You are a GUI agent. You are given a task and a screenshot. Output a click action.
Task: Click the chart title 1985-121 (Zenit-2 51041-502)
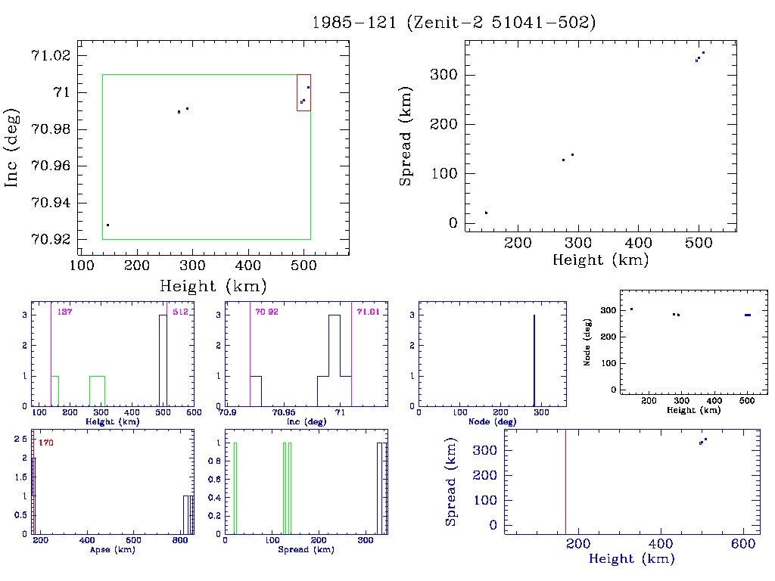tap(454, 23)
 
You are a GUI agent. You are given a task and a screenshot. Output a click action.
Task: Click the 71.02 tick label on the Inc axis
tap(50, 56)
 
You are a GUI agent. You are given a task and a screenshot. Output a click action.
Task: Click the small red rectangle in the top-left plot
tap(303, 92)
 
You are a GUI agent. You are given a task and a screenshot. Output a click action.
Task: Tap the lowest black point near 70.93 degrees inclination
tap(108, 225)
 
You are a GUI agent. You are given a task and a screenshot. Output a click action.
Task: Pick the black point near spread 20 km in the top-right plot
tap(486, 213)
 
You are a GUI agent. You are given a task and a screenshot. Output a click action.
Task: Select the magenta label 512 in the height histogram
tap(179, 312)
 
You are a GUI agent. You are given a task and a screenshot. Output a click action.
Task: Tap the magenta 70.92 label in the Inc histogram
tap(267, 312)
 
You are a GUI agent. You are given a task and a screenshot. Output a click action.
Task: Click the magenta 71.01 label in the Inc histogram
tap(369, 312)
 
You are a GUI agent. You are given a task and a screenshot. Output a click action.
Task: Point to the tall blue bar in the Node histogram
tap(534, 360)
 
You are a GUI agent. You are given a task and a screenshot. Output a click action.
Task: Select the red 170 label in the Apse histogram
tap(45, 443)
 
